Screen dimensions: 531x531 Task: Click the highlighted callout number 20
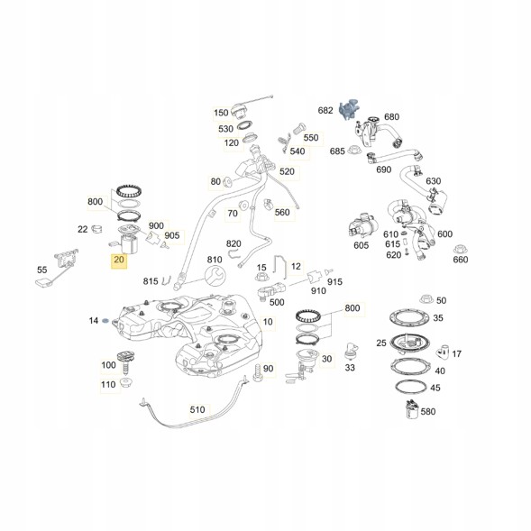(x=119, y=262)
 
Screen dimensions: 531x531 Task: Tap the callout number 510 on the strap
(x=197, y=409)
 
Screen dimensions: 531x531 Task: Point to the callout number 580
(x=427, y=412)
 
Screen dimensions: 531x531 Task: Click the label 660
(x=460, y=261)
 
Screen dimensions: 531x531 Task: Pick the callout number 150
(x=221, y=114)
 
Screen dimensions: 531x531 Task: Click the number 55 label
(x=41, y=270)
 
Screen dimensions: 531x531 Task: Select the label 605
(x=362, y=245)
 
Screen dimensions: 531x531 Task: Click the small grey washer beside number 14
(x=107, y=321)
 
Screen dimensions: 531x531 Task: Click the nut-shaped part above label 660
(x=459, y=246)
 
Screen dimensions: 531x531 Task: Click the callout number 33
(x=351, y=367)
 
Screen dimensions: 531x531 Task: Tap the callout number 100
(x=109, y=365)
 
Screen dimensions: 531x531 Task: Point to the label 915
(x=335, y=282)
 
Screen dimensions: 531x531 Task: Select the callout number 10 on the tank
(x=269, y=322)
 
